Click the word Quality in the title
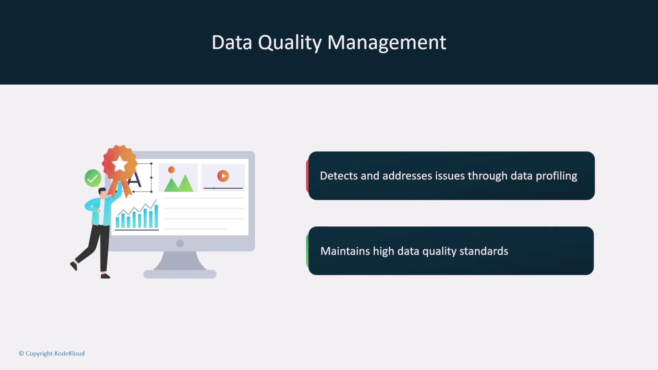(290, 43)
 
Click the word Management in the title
(387, 42)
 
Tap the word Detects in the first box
(339, 176)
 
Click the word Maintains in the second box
(345, 251)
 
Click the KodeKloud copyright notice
(52, 354)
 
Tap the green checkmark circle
(93, 178)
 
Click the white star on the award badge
(120, 164)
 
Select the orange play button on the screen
(223, 176)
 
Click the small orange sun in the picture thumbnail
(172, 170)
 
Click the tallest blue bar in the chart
(156, 216)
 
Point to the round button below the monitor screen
(180, 243)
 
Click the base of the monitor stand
(180, 274)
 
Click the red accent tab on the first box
(307, 176)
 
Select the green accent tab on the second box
(307, 251)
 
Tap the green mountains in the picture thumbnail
(179, 183)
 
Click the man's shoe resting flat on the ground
(105, 276)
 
